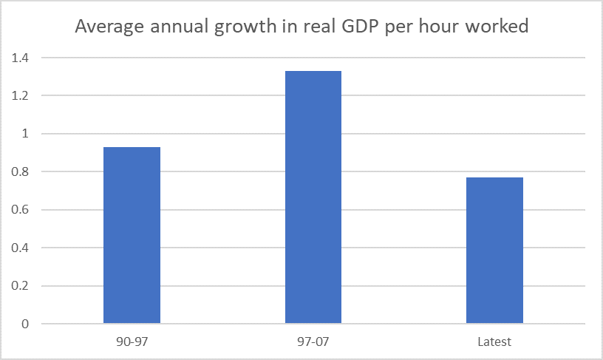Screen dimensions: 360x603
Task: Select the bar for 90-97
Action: (x=132, y=235)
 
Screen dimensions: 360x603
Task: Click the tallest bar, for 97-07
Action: (x=313, y=197)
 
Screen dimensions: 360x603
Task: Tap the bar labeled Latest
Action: (x=494, y=251)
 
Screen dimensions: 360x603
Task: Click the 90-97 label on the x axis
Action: (x=132, y=342)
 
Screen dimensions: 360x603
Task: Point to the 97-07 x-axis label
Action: (x=313, y=342)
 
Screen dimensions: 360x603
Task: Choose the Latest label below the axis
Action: (x=494, y=342)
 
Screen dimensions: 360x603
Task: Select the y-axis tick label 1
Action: (x=25, y=134)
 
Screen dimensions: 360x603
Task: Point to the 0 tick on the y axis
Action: (x=25, y=324)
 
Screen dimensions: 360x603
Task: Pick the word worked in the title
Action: (x=500, y=27)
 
